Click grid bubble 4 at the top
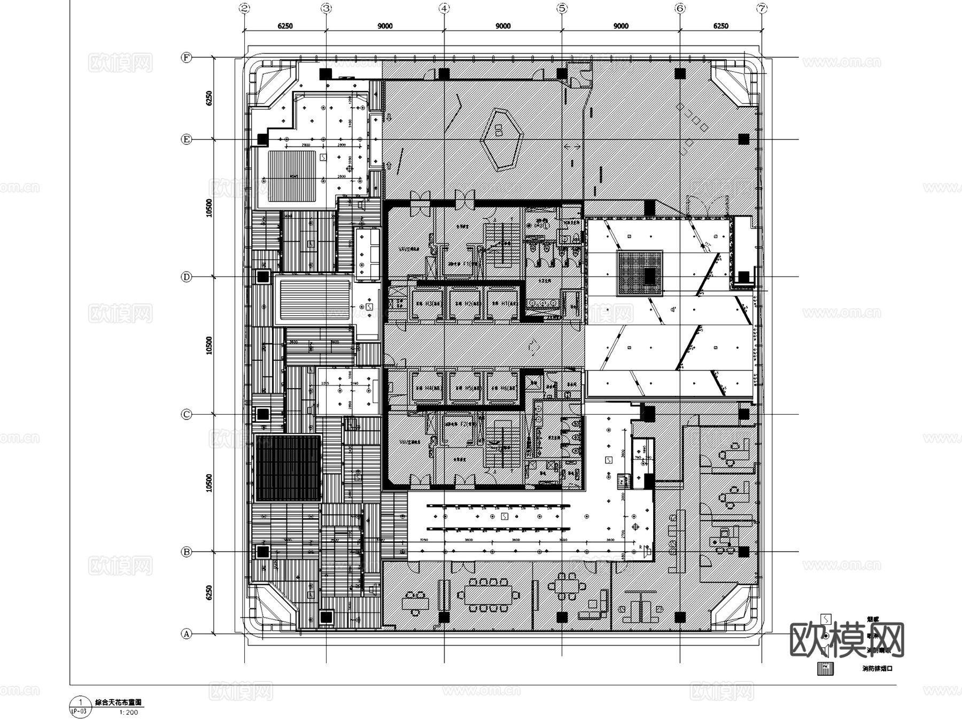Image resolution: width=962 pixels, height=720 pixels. click(x=444, y=8)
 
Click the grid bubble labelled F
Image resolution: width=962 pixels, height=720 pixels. click(x=186, y=58)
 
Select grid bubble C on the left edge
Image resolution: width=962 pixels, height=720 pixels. click(x=186, y=414)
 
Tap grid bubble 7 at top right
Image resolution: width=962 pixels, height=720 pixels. click(x=762, y=8)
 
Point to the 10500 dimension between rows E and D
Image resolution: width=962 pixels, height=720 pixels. click(x=210, y=208)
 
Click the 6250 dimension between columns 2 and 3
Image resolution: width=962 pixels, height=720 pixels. click(x=285, y=26)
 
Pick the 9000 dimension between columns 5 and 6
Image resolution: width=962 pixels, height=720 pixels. click(x=620, y=26)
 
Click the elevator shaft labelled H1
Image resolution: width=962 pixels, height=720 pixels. click(x=503, y=304)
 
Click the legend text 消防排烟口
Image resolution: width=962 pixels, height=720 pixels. click(x=877, y=668)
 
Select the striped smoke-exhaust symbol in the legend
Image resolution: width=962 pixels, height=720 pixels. click(x=826, y=669)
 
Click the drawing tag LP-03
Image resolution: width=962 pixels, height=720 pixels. click(x=79, y=711)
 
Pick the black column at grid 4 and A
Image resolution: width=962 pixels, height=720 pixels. click(x=444, y=617)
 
